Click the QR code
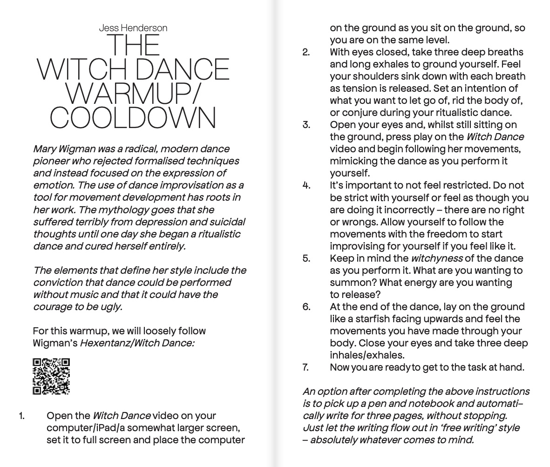click(51, 376)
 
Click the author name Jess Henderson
click(133, 28)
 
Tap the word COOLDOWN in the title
click(133, 118)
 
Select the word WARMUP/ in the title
click(133, 94)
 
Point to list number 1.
click(21, 416)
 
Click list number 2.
click(306, 52)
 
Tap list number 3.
click(306, 125)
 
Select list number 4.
click(306, 185)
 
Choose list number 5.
click(306, 258)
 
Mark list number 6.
click(306, 307)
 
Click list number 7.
click(306, 367)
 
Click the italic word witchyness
click(436, 258)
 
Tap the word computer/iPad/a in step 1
click(81, 428)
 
